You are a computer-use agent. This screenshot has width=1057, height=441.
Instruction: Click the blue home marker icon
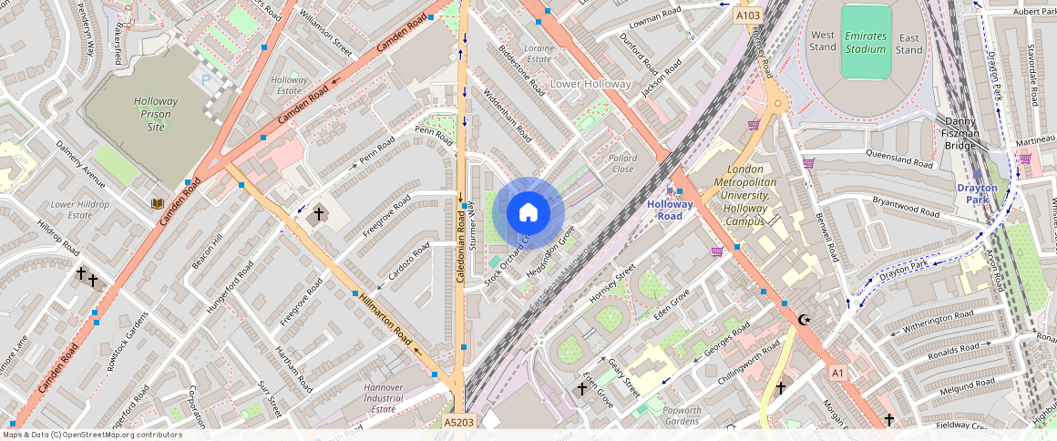coord(528,213)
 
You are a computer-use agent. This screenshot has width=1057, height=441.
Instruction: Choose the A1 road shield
coord(838,373)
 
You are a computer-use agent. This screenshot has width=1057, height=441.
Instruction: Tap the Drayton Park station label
coord(977,194)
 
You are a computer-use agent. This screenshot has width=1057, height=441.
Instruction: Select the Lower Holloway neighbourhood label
coord(590,84)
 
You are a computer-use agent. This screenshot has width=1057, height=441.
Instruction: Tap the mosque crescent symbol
coord(804,320)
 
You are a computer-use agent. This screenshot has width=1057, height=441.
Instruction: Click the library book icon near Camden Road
coord(158,201)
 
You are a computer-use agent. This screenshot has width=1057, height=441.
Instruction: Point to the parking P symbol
coord(205,80)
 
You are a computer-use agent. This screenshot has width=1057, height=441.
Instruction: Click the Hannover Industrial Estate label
coord(383,397)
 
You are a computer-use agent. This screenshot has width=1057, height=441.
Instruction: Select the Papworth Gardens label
coord(682,415)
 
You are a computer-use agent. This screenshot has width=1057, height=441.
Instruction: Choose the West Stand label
coord(822,40)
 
